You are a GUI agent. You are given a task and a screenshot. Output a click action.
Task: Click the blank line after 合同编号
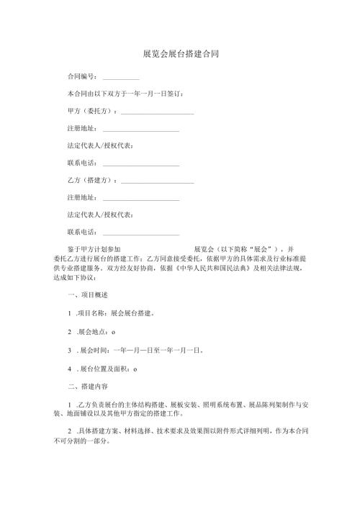(x=120, y=77)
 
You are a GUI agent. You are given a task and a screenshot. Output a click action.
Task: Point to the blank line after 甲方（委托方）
(x=157, y=113)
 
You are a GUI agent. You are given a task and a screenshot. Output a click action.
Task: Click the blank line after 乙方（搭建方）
(x=157, y=182)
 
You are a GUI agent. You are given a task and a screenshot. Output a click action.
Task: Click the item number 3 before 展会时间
(x=68, y=351)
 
